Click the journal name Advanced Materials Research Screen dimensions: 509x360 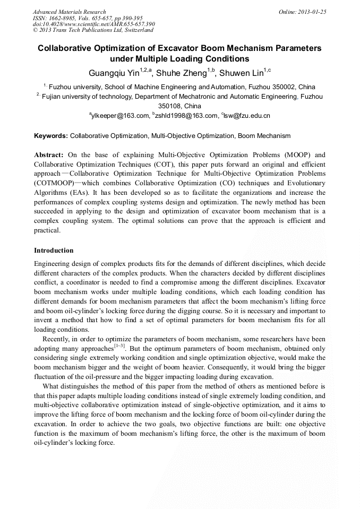(x=69, y=12)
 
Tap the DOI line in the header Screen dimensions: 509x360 (x=93, y=24)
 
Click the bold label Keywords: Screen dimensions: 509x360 (x=51, y=136)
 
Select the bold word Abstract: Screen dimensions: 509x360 (x=49, y=155)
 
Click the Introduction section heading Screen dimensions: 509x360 (x=54, y=250)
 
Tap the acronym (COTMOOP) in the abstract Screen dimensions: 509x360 (x=54, y=183)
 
